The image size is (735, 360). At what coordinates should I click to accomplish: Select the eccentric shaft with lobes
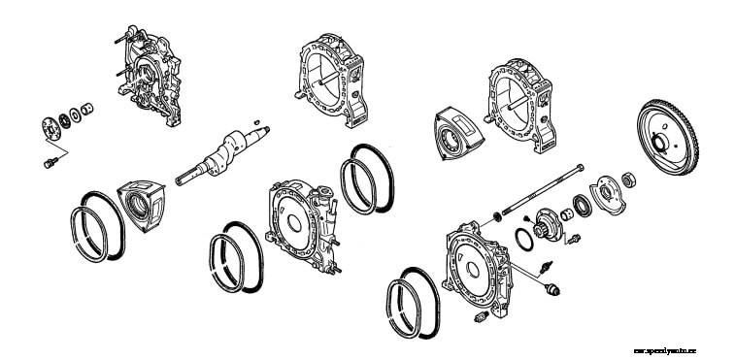[x=222, y=155]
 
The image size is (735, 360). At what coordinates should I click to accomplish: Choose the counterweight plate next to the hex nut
[x=607, y=191]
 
